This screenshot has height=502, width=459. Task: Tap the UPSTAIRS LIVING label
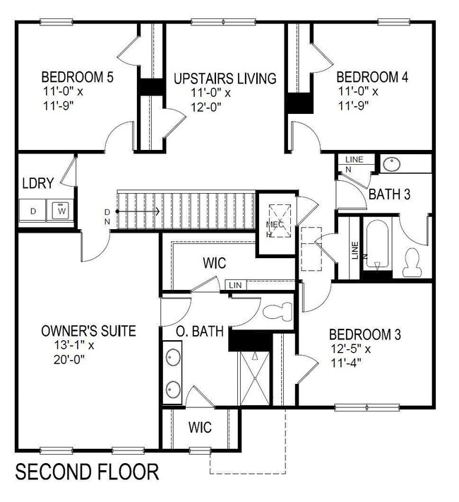click(225, 78)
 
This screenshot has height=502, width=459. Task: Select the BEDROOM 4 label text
click(371, 76)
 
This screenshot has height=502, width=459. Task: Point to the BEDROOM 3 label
click(364, 334)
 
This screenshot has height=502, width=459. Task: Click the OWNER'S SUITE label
click(88, 331)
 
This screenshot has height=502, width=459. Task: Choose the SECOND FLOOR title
click(87, 471)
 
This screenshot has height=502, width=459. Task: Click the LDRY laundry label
click(37, 183)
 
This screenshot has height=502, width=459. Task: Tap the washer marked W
click(61, 210)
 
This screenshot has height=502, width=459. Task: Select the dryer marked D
click(32, 210)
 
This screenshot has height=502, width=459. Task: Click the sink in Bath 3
click(391, 164)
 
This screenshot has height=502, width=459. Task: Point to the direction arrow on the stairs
click(138, 211)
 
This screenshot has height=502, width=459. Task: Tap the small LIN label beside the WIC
click(235, 285)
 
